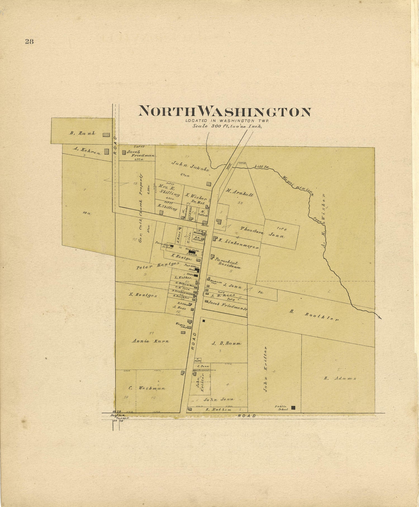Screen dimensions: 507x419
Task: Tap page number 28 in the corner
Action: click(x=29, y=42)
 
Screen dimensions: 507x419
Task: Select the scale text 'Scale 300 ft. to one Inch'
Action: click(x=227, y=126)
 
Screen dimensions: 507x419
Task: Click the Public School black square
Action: click(x=293, y=408)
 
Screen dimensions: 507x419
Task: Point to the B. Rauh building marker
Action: click(x=106, y=135)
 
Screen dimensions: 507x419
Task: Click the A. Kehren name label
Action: click(x=87, y=151)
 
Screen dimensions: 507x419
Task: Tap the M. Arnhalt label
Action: click(x=239, y=193)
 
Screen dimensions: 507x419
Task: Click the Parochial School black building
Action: click(x=172, y=246)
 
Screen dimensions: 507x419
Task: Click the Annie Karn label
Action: click(x=151, y=341)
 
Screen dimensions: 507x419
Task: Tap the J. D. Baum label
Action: click(x=226, y=343)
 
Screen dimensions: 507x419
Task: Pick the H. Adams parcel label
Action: click(x=340, y=378)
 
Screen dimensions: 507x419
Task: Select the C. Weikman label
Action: click(x=147, y=388)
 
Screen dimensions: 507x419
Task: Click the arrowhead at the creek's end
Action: click(x=379, y=318)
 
